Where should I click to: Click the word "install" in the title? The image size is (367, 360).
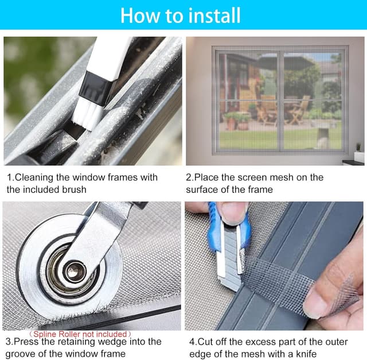[214, 16]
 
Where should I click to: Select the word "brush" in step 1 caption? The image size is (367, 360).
[74, 189]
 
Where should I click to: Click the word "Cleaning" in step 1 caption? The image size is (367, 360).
[34, 177]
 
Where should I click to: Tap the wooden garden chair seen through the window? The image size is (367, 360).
[298, 110]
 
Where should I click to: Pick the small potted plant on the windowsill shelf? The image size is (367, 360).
[358, 148]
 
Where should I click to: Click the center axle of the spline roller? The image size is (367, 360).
[75, 272]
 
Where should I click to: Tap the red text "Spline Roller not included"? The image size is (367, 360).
[80, 334]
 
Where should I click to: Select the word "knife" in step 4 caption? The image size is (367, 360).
[306, 354]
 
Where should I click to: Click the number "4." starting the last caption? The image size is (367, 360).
[193, 342]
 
